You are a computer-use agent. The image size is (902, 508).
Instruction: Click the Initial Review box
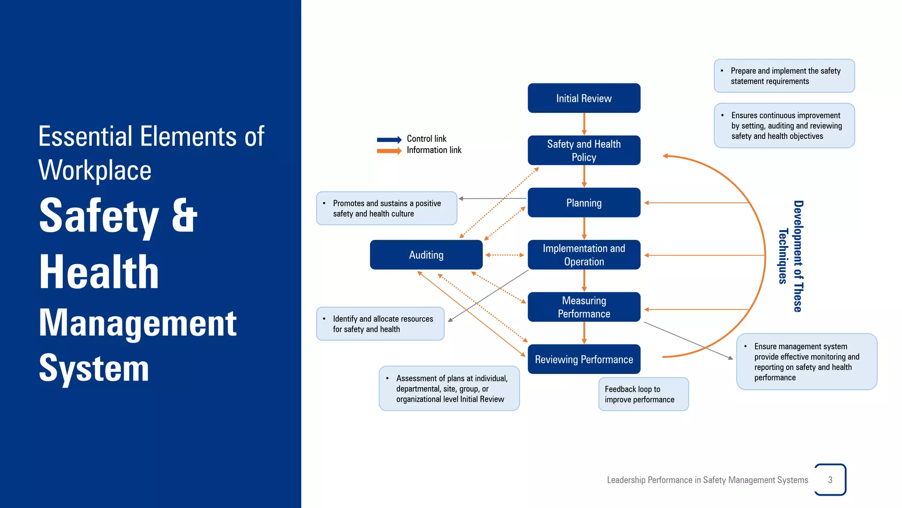[584, 98]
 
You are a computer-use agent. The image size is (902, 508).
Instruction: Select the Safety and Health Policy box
[584, 150]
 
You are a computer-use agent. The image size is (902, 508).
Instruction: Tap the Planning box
[584, 203]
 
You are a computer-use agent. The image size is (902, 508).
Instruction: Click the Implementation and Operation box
[584, 255]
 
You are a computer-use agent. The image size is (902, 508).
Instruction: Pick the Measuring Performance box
[584, 307]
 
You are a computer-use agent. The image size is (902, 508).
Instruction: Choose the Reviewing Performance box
[584, 359]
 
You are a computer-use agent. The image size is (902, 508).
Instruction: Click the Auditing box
[426, 255]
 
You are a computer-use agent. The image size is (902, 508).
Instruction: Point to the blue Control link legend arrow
[389, 140]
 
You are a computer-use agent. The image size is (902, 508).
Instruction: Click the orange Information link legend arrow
[389, 151]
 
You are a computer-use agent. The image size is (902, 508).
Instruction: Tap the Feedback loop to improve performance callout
[643, 394]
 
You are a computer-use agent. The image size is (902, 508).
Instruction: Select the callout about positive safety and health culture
[386, 209]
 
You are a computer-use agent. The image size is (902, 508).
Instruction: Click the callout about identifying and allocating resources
[380, 324]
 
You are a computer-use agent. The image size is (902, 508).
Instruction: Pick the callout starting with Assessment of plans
[449, 388]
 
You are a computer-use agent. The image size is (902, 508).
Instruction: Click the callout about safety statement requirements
[784, 76]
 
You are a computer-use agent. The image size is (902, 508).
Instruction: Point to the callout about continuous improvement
[784, 126]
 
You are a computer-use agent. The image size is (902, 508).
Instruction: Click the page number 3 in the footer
[830, 480]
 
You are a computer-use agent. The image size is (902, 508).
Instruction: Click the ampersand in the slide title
[184, 216]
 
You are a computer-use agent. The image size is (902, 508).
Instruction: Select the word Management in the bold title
[137, 323]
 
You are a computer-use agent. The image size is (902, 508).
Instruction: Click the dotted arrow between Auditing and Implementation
[505, 255]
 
